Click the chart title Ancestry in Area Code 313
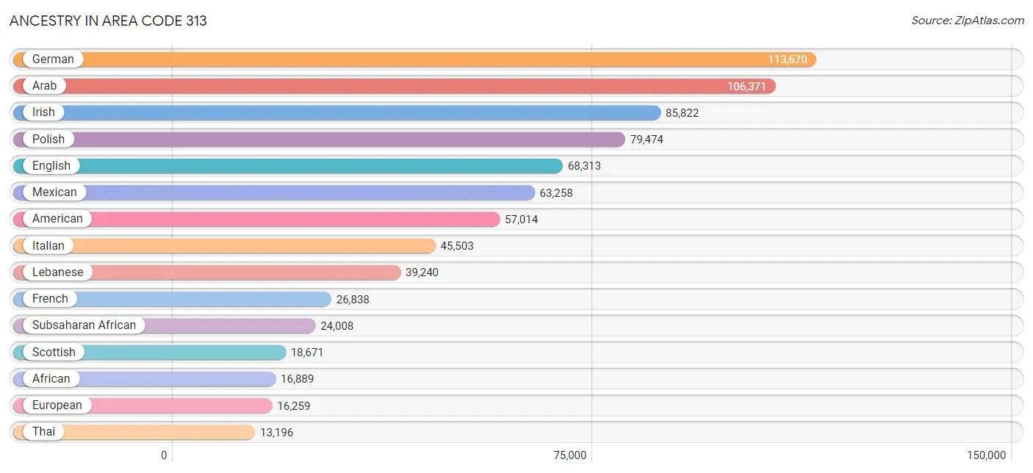point(109,21)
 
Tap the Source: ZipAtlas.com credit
point(967,21)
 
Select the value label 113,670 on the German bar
point(788,59)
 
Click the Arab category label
point(44,86)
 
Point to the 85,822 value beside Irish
point(683,113)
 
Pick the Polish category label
point(48,139)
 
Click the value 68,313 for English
point(584,166)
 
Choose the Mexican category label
point(54,192)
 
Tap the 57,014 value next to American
point(521,220)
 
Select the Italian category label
point(48,245)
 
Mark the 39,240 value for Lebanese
point(422,272)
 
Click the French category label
point(50,298)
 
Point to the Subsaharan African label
point(84,325)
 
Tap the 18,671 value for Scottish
point(307,353)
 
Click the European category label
point(57,405)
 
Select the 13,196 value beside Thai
point(276,433)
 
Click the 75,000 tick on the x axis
point(570,455)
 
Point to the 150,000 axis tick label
point(986,455)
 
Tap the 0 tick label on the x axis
point(165,455)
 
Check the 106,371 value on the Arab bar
point(746,87)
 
